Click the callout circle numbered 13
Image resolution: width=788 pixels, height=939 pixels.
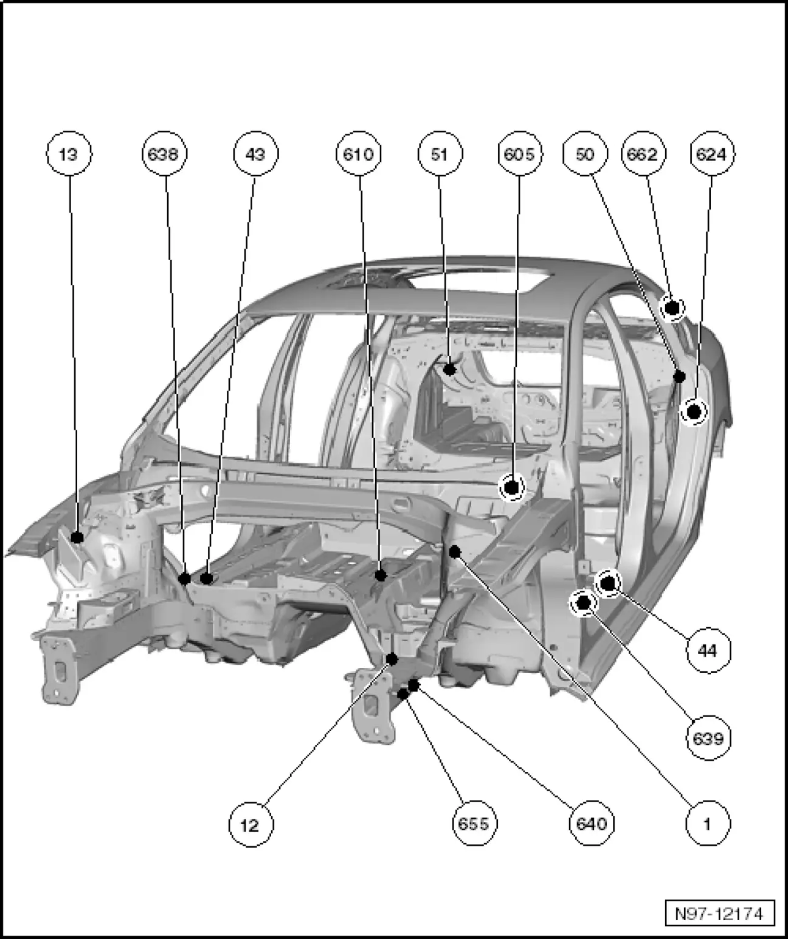(x=69, y=154)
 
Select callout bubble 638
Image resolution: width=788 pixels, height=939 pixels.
(x=164, y=154)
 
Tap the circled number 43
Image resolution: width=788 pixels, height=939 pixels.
(x=256, y=154)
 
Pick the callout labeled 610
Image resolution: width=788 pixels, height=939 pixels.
(x=358, y=154)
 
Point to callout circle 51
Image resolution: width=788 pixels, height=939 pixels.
(x=440, y=154)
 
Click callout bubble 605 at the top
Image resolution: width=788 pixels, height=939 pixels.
(x=519, y=154)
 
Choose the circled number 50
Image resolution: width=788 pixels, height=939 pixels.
(x=584, y=154)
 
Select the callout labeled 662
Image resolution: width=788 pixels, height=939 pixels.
(x=643, y=154)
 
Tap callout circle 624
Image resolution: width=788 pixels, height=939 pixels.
(x=711, y=154)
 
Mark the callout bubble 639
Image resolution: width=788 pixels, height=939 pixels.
(x=708, y=738)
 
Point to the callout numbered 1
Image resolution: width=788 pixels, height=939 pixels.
(x=708, y=825)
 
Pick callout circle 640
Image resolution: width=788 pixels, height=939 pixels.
(x=591, y=825)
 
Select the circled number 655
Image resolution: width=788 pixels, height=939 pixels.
(x=474, y=825)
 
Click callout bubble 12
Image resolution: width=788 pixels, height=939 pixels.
(x=251, y=825)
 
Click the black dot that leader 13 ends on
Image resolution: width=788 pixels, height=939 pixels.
(x=77, y=537)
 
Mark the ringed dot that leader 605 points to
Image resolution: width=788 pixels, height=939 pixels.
(x=511, y=487)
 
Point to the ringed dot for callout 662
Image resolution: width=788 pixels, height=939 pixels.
(x=672, y=308)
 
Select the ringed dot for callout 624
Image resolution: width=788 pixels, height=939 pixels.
(x=694, y=413)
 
